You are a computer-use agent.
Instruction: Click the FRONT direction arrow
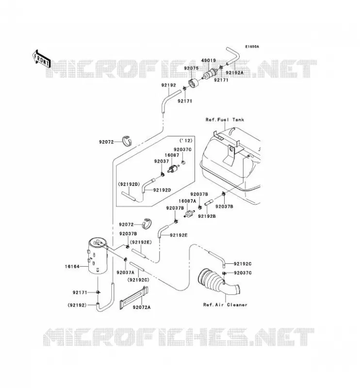pos(42,59)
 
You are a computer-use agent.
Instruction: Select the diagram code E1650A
pos(252,47)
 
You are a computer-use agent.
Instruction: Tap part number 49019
pos(208,60)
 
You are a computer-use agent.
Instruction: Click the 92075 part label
pos(191,68)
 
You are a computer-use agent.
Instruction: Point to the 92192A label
pos(234,73)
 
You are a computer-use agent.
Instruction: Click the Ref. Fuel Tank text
pos(225,120)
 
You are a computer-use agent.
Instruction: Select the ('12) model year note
pos(186,141)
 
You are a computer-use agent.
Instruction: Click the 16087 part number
pos(172,155)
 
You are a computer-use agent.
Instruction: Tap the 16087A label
pos(187,201)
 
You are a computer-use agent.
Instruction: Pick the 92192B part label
pos(207,216)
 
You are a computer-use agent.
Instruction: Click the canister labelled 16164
pos(98,256)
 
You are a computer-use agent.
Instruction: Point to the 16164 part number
pos(72,266)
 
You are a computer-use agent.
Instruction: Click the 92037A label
pos(125,273)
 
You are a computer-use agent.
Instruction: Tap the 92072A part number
pos(141,307)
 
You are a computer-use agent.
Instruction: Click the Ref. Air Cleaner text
pos(225,305)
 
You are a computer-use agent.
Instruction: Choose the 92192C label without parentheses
pos(243,264)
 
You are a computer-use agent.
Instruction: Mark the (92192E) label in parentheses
pos(141,242)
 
